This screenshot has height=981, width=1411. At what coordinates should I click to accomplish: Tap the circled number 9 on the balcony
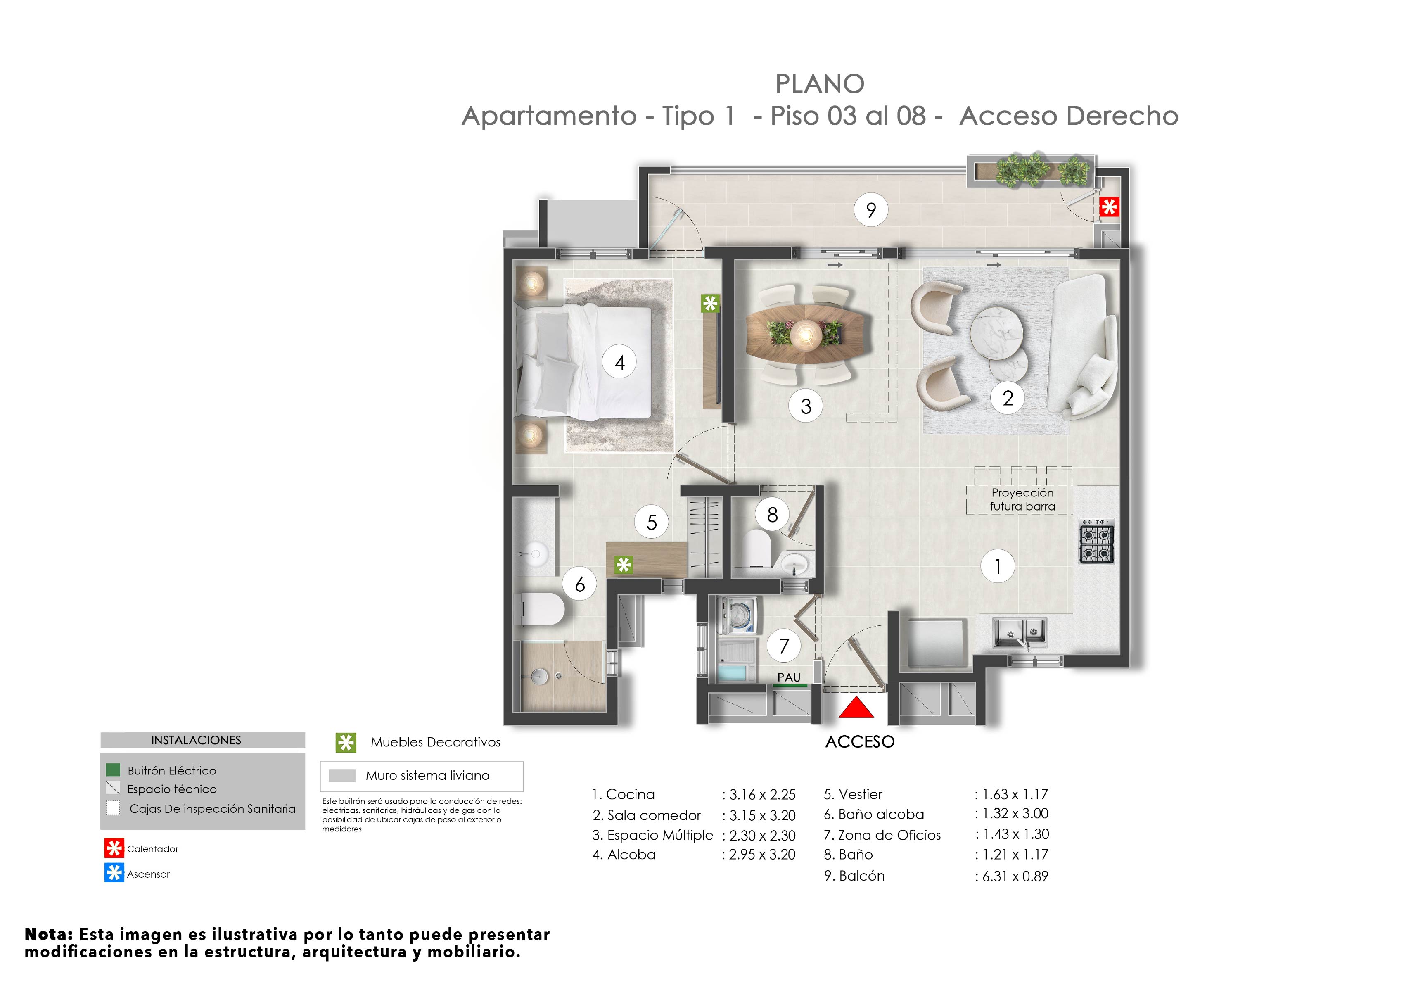871,210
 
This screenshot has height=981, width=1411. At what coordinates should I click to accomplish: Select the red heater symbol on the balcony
1109,207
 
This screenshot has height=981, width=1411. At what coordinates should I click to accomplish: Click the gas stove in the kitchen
1097,542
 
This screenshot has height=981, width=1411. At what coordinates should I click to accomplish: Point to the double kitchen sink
1020,632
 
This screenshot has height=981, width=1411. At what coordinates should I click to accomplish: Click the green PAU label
789,677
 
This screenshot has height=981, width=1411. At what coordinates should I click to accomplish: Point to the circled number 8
773,515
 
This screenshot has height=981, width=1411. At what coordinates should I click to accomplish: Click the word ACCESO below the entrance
859,742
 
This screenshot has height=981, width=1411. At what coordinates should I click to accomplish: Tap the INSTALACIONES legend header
196,740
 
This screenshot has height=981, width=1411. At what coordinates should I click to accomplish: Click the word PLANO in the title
819,84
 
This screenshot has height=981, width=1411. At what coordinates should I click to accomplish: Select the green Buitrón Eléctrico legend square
113,770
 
